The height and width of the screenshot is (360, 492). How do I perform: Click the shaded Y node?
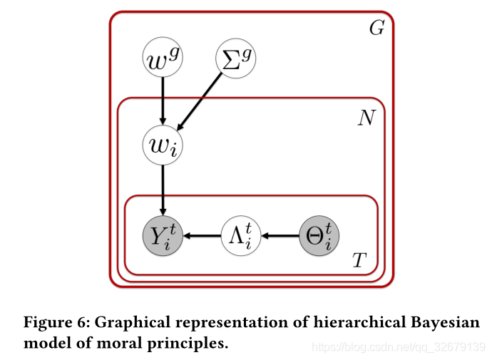[x=163, y=234]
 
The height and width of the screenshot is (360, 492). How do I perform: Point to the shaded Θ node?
[x=318, y=234]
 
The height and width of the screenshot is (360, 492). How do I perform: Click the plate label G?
[x=376, y=29]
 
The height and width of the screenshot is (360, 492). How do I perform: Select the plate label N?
[x=367, y=118]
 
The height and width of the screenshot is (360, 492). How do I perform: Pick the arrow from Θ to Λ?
[x=278, y=234]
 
